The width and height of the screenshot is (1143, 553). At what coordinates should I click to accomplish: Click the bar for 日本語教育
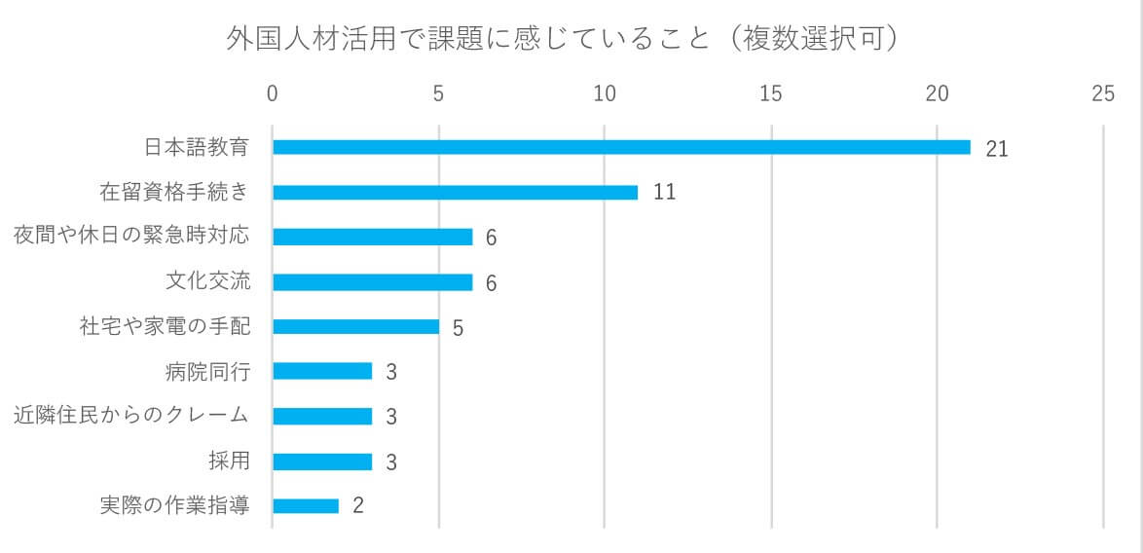(x=621, y=147)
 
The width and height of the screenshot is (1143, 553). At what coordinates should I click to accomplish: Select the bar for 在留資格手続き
(x=455, y=192)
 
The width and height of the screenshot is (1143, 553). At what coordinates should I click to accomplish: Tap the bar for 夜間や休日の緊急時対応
(x=372, y=237)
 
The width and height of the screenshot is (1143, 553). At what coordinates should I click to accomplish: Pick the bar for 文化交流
(x=372, y=282)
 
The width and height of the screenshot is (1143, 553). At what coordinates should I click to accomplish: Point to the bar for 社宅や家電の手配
(x=355, y=326)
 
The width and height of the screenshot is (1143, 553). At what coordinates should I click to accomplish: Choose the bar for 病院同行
(x=322, y=371)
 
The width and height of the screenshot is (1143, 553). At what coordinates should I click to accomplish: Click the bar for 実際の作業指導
(x=306, y=506)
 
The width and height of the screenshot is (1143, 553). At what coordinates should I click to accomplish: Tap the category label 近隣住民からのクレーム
(x=131, y=416)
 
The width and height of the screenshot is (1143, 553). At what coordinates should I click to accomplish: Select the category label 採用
(x=229, y=461)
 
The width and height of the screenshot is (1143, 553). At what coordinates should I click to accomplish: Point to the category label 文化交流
(x=207, y=281)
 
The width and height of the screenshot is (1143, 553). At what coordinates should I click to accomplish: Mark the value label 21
(x=996, y=148)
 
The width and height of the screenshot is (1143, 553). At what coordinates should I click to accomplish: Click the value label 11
(x=664, y=192)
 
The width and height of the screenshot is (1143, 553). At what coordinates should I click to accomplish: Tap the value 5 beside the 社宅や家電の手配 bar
(x=458, y=327)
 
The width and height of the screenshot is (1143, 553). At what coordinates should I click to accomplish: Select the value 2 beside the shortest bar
(x=357, y=506)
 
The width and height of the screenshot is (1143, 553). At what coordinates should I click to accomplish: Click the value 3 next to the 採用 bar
(x=391, y=461)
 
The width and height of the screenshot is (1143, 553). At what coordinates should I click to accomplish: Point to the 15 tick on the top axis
(x=771, y=93)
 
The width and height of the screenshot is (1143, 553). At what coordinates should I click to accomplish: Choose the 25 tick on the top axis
(x=1103, y=93)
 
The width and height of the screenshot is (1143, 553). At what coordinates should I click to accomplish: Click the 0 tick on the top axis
(x=273, y=93)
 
